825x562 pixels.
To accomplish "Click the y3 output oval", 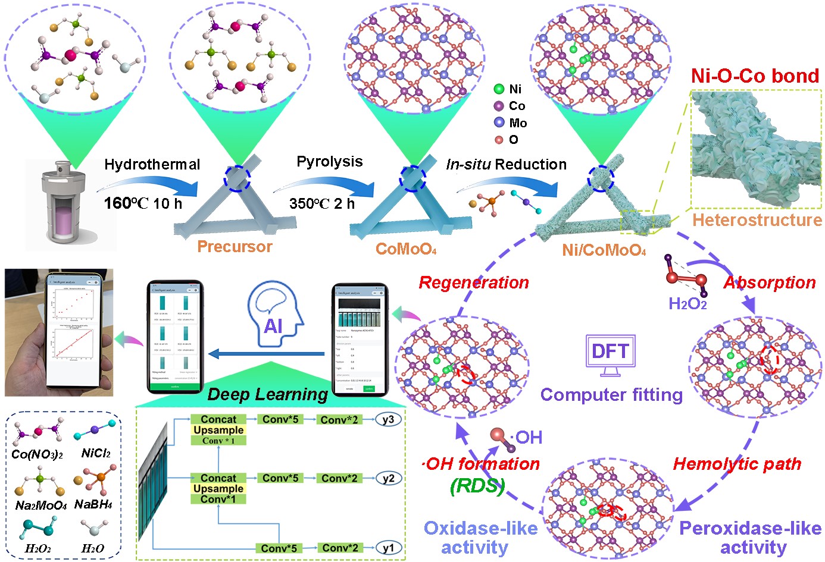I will [388, 420].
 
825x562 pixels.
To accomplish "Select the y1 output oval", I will [388, 548].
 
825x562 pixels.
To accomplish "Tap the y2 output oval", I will [388, 478].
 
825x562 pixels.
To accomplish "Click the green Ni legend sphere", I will [499, 89].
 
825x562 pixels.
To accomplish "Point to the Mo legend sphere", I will [499, 123].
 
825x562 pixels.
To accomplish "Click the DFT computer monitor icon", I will [610, 353].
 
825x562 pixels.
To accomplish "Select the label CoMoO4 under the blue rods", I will [406, 249].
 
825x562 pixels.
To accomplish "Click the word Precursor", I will [235, 247].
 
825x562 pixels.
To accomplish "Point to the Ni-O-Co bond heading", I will [755, 76].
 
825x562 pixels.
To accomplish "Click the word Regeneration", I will [474, 282].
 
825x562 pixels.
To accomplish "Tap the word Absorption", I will [769, 282].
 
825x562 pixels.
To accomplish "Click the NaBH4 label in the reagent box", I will [93, 505].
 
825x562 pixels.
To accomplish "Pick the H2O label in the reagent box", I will [92, 548].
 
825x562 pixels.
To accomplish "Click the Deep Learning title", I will [268, 394].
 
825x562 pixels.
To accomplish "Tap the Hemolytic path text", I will [737, 464].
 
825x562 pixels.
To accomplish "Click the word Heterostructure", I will [757, 220].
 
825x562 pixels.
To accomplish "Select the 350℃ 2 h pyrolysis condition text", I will [322, 203].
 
